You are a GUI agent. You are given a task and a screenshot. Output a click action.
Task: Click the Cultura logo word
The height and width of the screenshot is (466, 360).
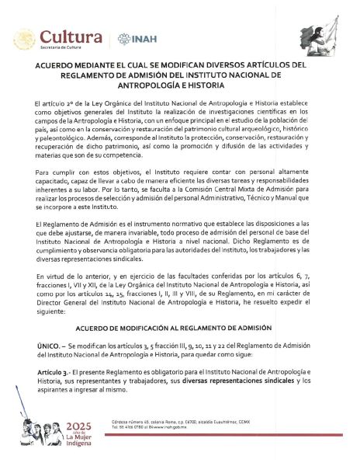tap(71, 37)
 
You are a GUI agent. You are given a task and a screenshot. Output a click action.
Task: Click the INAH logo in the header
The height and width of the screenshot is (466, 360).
tap(133, 38)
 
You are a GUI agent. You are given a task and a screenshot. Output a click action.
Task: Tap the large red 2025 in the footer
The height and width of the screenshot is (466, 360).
tap(80, 427)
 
